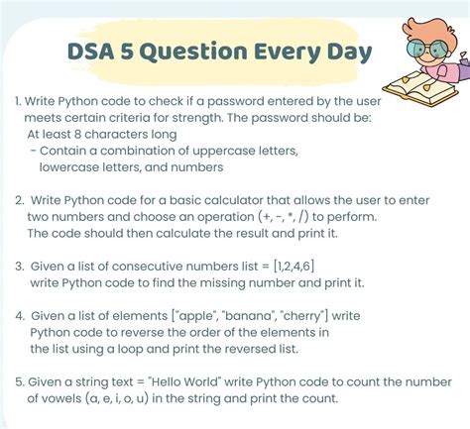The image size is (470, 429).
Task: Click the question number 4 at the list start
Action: coord(20,315)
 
